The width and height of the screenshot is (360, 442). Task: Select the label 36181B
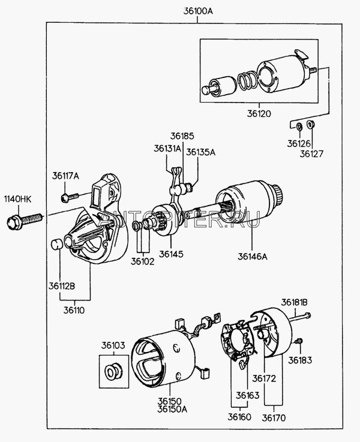pyautogui.click(x=295, y=302)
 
